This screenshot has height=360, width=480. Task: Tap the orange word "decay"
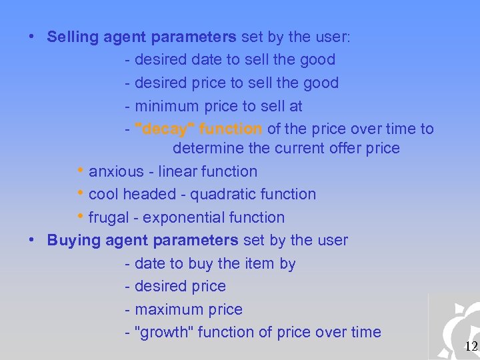click(165, 129)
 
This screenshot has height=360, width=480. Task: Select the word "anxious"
click(116, 171)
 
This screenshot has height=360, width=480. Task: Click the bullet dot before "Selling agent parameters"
click(32, 37)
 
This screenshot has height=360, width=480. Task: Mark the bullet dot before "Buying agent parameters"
click(32, 240)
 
